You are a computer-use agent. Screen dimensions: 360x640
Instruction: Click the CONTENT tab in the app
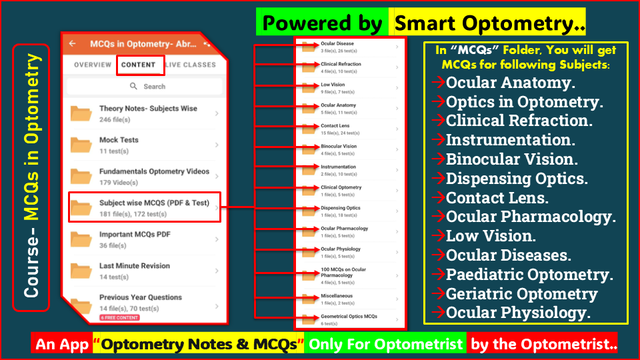pos(139,65)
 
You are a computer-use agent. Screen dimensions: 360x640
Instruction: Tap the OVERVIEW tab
pos(93,65)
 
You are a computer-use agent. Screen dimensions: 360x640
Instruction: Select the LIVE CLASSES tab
pos(191,65)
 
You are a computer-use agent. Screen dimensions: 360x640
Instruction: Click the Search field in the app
pos(147,87)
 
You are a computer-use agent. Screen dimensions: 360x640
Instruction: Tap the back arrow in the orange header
pos(73,44)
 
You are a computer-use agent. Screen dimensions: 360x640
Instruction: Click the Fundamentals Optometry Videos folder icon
pos(81,177)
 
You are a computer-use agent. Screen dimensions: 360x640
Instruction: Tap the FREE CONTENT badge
pos(119,317)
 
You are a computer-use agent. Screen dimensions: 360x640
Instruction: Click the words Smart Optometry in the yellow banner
pos(489,24)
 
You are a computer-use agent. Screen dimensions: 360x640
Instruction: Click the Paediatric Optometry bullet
pos(529,274)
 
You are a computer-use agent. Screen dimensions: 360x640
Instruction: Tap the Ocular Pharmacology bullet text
pos(531,217)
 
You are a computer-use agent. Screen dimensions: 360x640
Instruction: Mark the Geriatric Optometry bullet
pos(521,293)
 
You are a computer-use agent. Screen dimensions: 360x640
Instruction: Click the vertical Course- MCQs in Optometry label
pos(31,177)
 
